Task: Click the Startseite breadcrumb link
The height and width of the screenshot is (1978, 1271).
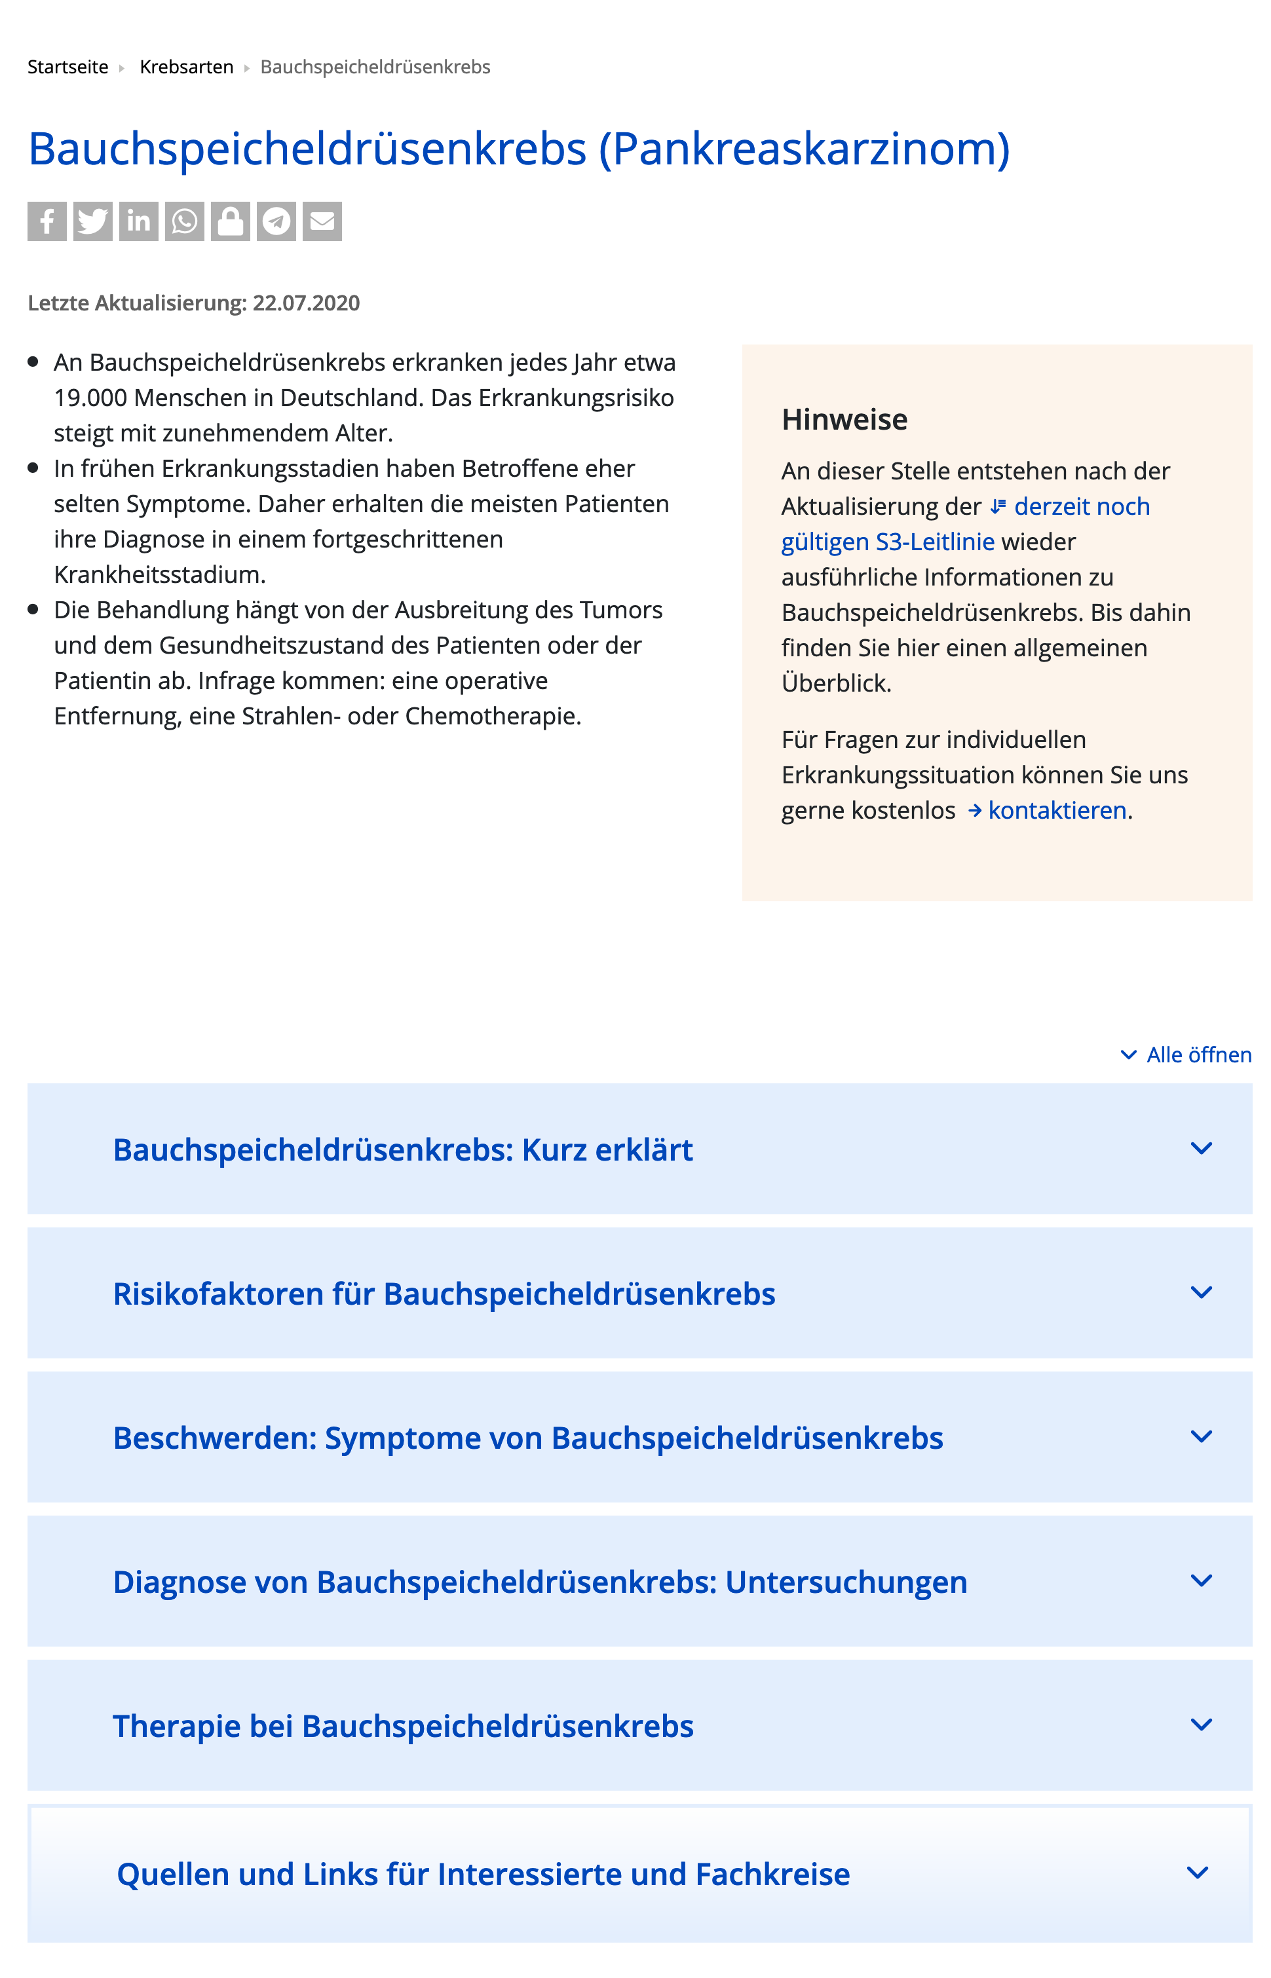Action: [67, 67]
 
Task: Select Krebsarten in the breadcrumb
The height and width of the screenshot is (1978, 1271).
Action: [187, 67]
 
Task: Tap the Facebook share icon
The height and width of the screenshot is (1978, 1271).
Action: [47, 221]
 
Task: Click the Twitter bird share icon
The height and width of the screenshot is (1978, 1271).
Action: [92, 221]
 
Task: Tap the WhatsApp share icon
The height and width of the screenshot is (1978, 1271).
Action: [184, 221]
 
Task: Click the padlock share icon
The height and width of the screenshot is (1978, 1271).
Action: [230, 221]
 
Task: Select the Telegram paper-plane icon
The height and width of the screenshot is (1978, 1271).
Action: [276, 221]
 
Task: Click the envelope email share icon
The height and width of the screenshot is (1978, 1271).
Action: [322, 221]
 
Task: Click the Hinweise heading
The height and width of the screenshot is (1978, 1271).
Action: [844, 419]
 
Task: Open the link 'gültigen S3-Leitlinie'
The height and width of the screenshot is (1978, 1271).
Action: [888, 542]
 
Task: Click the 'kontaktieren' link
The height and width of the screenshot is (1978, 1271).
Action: [1057, 811]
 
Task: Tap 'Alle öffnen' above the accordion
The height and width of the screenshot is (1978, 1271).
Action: [1198, 1055]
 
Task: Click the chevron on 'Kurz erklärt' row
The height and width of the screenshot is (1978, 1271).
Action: [1202, 1148]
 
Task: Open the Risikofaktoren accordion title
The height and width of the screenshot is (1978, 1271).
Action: [444, 1294]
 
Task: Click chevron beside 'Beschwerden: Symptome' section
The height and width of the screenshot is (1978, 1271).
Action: [1202, 1436]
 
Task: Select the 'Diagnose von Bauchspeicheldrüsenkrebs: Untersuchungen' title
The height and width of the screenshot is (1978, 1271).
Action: [540, 1581]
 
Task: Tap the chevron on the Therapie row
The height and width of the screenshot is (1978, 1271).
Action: [1202, 1724]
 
